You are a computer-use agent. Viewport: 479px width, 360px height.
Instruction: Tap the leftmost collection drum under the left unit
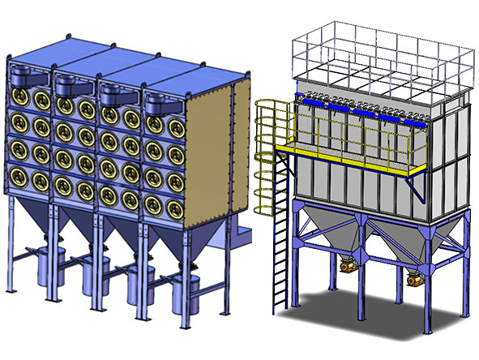click(51, 264)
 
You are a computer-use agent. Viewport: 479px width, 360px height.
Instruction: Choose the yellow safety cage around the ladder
click(272, 154)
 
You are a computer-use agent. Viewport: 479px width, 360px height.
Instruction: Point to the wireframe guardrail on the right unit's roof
click(381, 49)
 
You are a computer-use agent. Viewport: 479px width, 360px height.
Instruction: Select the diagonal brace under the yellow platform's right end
click(417, 186)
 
